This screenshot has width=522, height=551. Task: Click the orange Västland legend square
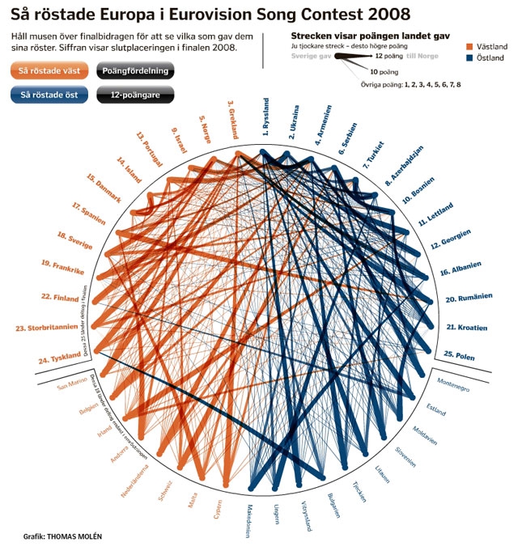[x=470, y=48]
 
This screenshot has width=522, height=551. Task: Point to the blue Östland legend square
[x=470, y=58]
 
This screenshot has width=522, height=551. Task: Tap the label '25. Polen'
[x=459, y=354]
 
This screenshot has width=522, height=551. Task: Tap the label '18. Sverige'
[x=75, y=240]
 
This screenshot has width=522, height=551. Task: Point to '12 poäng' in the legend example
[x=390, y=57]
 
